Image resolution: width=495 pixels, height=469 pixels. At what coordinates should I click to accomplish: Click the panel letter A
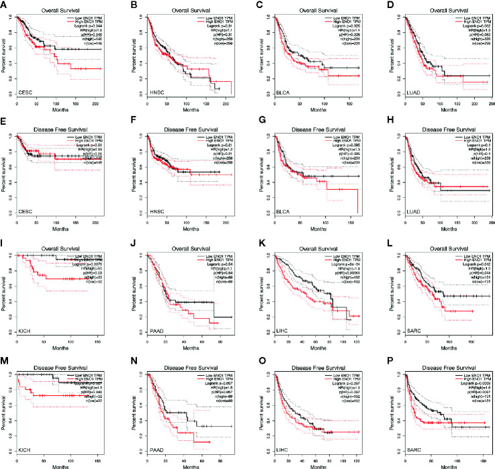5,5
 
